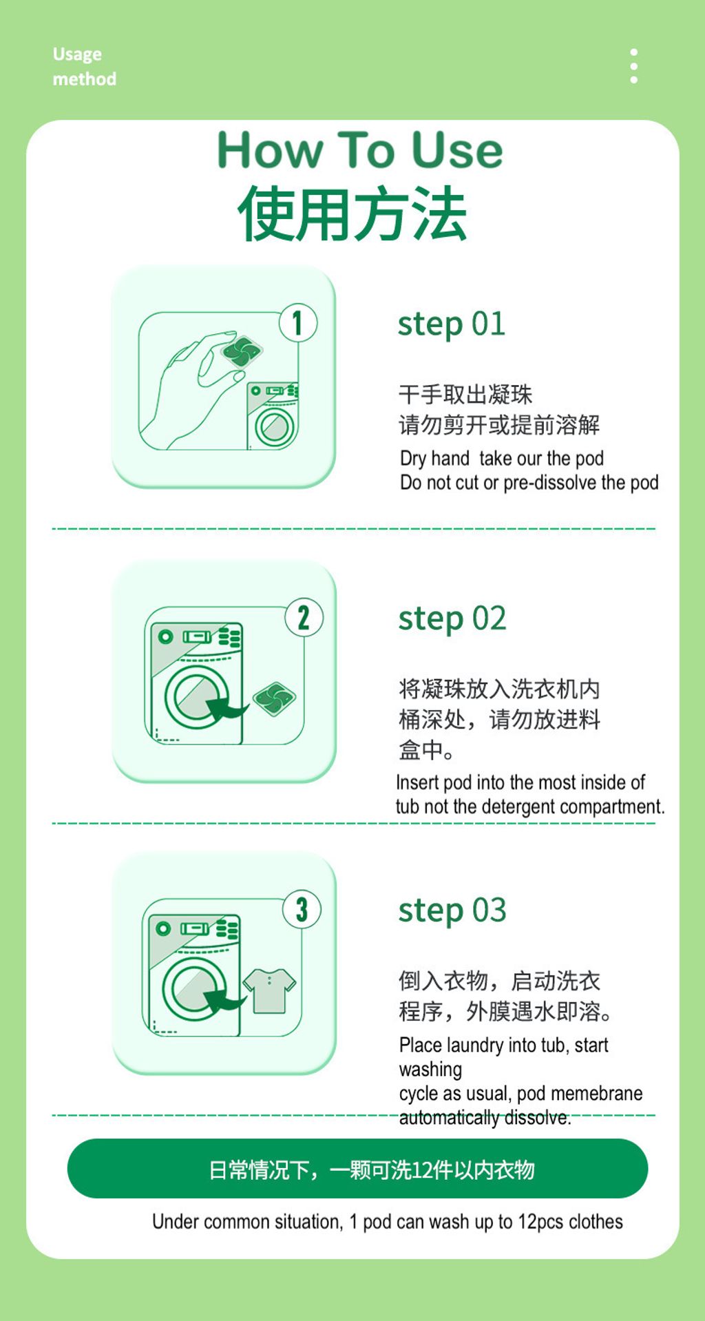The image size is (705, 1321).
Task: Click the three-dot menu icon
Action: click(633, 66)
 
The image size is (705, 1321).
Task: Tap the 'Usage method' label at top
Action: click(84, 66)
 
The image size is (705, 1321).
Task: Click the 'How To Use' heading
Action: click(360, 149)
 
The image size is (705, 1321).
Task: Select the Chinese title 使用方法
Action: click(352, 214)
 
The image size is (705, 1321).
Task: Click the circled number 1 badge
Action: click(297, 322)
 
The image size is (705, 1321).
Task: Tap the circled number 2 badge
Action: click(304, 617)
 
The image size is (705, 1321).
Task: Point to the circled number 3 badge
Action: click(302, 909)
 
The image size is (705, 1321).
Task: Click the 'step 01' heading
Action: click(452, 324)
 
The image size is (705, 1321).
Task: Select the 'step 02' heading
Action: click(452, 618)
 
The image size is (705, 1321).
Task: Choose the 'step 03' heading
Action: click(452, 911)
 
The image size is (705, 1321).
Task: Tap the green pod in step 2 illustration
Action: click(274, 698)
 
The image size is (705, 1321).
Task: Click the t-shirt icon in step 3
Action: click(269, 990)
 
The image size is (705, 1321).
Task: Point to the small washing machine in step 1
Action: click(273, 416)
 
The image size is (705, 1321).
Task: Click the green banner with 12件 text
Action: click(357, 1169)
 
